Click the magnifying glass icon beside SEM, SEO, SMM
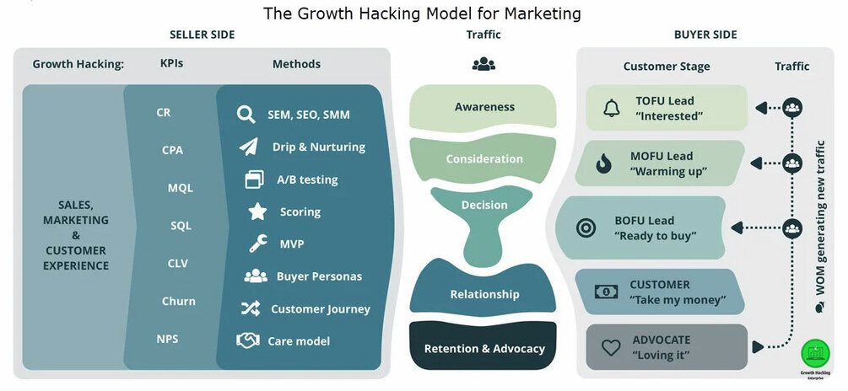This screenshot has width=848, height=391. [x=246, y=115]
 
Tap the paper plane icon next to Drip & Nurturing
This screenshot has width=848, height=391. [x=248, y=147]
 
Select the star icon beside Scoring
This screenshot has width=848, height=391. [x=257, y=212]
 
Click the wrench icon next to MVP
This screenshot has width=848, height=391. [x=258, y=244]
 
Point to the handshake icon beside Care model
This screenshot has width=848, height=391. [x=248, y=340]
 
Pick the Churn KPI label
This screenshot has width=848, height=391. [x=179, y=301]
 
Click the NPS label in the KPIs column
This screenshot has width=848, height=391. [x=167, y=339]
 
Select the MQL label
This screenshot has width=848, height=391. [x=181, y=188]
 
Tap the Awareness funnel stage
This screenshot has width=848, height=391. [x=484, y=107]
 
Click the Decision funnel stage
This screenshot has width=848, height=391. [x=484, y=205]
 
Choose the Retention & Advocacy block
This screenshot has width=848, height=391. [x=484, y=348]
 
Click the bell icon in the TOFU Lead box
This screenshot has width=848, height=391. [x=611, y=108]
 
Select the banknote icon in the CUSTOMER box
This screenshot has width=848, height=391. [x=605, y=292]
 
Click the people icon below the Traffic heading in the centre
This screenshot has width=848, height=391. [x=483, y=64]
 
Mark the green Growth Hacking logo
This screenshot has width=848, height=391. [x=816, y=352]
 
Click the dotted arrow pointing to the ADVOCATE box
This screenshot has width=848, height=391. [x=772, y=345]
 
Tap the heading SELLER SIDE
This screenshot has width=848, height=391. [x=202, y=35]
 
